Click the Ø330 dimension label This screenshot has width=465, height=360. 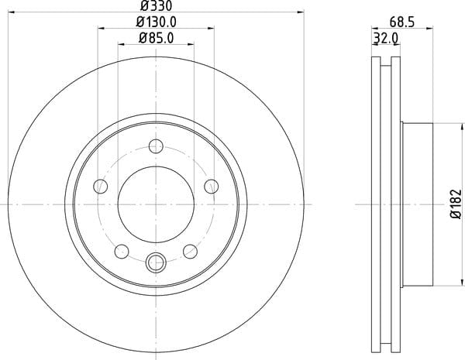tap(156, 5)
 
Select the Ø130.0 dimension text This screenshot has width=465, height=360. tap(157, 22)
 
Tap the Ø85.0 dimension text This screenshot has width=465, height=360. tap(157, 38)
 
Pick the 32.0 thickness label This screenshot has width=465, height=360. tap(385, 39)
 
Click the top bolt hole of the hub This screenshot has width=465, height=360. tap(156, 146)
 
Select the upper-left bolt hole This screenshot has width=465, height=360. tap(101, 187)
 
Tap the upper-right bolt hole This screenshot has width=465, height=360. tap(212, 187)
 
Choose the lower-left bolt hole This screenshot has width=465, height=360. tap(122, 252)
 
